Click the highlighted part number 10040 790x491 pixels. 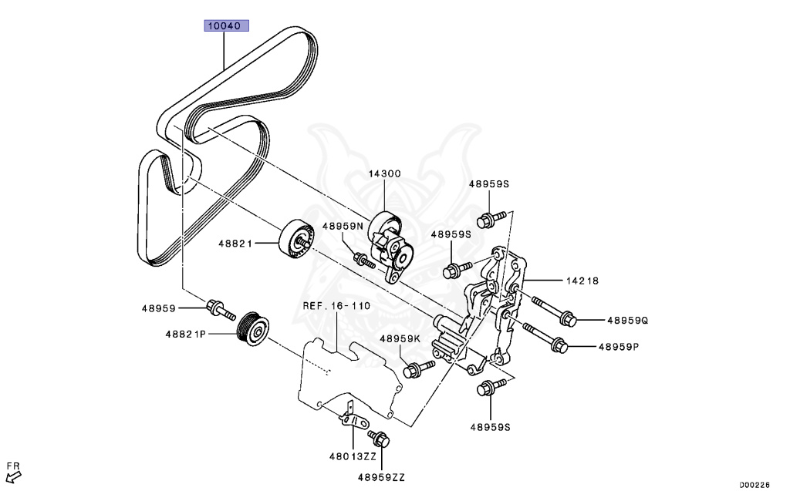coord(226,25)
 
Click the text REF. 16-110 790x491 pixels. coord(336,306)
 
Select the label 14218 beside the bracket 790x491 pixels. coord(582,281)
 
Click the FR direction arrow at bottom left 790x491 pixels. coord(12,475)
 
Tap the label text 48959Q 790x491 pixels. coord(627,320)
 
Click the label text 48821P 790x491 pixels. coord(185,335)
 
